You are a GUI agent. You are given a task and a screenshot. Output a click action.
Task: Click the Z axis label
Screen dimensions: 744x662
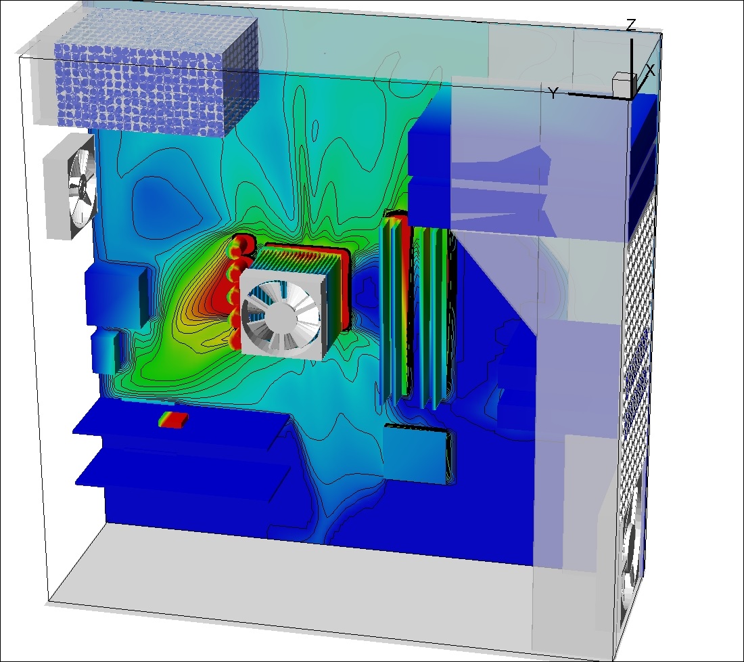630,25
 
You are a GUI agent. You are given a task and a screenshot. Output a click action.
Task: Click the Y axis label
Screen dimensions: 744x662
553,93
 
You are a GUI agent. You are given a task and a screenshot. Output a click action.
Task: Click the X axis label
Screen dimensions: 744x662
650,71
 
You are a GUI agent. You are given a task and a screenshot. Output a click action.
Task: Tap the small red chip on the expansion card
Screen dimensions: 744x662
173,420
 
